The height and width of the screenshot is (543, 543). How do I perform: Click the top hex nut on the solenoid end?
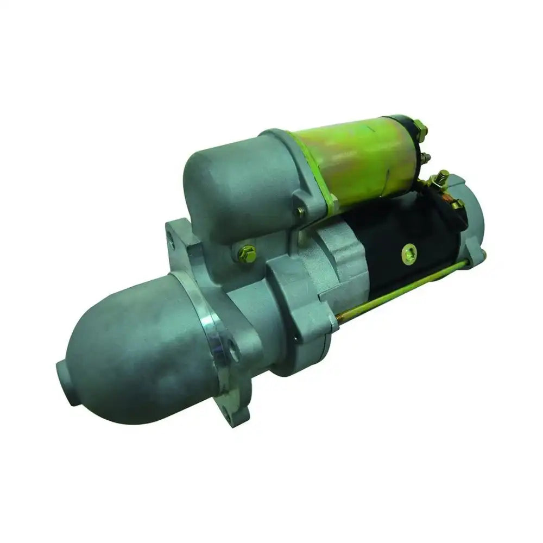click(420, 130)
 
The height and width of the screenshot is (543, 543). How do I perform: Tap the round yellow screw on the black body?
click(409, 253)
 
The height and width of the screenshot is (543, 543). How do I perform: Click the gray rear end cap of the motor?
click(472, 217)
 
